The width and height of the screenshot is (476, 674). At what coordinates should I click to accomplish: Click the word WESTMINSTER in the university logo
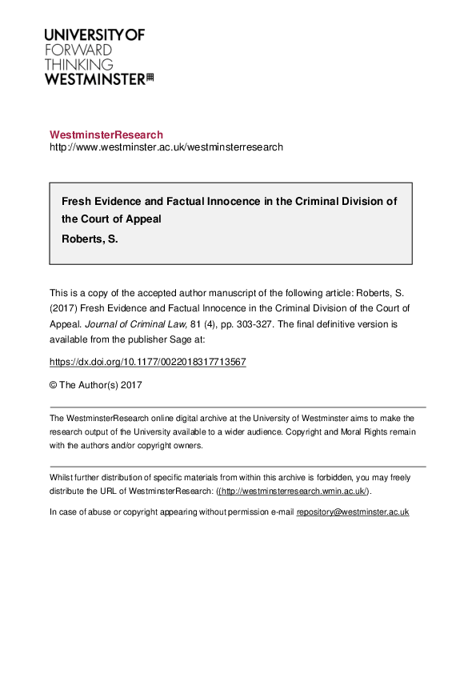click(x=94, y=78)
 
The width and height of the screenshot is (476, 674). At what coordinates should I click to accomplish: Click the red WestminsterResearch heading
click(x=106, y=134)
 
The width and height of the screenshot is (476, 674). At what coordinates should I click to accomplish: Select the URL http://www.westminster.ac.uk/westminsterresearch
click(x=166, y=147)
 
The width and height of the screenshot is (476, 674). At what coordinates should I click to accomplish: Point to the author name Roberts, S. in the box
click(x=90, y=238)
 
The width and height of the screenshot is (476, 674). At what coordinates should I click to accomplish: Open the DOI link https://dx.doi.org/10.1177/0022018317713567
click(x=148, y=362)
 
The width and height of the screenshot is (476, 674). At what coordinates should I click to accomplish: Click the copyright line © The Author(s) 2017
click(x=96, y=384)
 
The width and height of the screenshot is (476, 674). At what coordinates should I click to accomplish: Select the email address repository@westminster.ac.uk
click(x=353, y=512)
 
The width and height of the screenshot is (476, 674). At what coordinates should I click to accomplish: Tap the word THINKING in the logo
click(x=78, y=64)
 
